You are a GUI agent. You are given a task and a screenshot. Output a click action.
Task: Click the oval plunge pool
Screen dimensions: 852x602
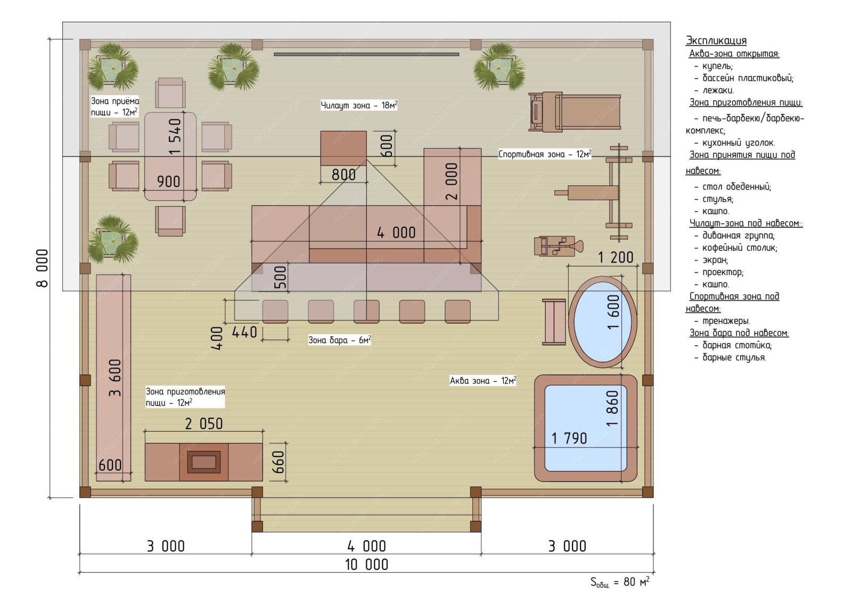602,322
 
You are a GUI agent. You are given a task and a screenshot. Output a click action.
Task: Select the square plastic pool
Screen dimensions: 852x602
586,428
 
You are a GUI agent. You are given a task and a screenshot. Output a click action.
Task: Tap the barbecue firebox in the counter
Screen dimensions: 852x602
204,462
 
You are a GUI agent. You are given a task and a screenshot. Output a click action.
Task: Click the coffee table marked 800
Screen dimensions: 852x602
343,149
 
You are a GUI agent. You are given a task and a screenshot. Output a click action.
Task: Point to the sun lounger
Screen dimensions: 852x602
575,112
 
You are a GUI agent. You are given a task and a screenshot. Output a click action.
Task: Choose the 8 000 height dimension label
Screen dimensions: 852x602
42,268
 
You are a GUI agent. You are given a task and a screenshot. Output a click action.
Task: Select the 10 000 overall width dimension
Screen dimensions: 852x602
367,565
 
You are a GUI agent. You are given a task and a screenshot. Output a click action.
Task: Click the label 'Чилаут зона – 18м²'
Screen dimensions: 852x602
359,105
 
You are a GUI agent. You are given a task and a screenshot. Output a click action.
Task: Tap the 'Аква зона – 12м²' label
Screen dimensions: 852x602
482,381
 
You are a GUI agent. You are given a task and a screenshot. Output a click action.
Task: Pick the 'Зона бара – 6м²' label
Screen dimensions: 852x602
339,340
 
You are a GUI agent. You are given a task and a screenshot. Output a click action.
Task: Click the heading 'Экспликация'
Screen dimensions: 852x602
716,40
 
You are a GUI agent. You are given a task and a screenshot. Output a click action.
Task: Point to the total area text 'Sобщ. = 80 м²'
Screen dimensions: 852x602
620,582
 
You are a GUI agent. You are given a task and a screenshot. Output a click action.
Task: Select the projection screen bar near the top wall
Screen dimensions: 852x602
366,54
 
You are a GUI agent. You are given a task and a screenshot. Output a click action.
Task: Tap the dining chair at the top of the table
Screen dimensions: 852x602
170,93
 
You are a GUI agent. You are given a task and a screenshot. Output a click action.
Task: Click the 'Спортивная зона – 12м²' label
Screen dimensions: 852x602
545,154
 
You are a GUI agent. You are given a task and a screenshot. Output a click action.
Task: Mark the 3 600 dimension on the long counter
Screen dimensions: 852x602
115,377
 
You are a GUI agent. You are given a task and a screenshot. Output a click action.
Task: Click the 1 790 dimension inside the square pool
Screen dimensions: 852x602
569,439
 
